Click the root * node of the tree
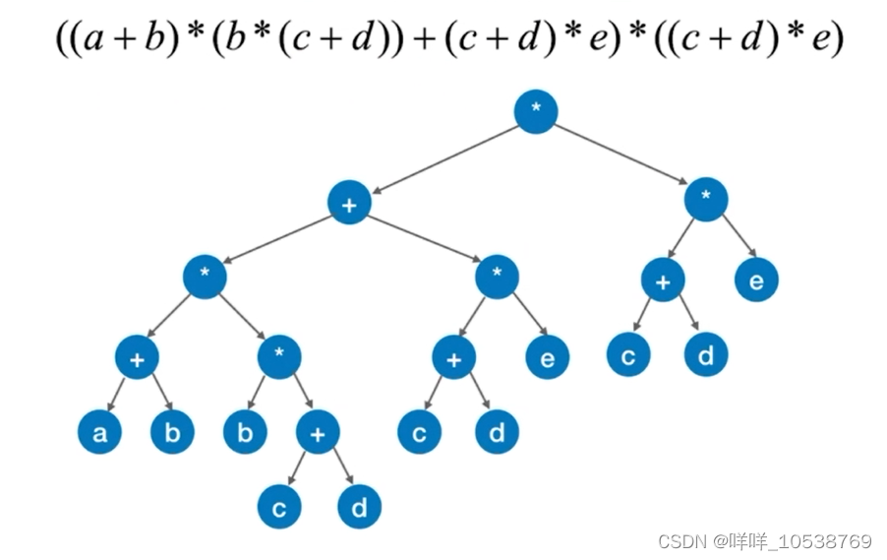536,112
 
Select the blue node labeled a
100,433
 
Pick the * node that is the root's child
706,200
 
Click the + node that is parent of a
137,358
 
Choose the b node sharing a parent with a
172,433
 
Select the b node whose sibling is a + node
245,433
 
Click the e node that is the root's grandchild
756,280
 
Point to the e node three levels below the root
547,358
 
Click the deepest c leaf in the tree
279,508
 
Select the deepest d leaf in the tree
358,508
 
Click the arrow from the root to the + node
443,157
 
